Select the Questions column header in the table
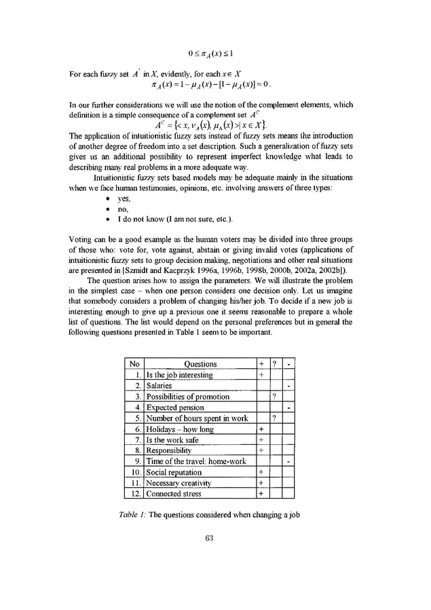(200, 364)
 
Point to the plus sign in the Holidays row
(261, 429)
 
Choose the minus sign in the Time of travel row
(289, 462)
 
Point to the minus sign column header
(289, 365)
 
